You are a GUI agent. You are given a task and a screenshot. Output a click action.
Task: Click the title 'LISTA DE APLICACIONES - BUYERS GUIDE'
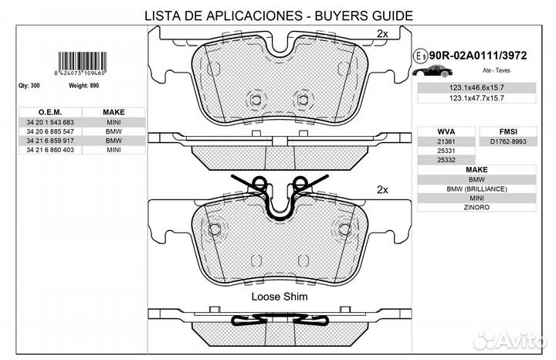pos(278,15)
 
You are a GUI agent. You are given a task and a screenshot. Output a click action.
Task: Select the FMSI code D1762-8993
pos(509,142)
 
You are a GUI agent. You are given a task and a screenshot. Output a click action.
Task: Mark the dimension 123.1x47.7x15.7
pos(476,99)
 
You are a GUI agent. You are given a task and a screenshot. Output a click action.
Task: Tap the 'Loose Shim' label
pos(279,296)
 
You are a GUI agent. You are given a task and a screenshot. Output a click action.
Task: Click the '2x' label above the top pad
pos(382,33)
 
